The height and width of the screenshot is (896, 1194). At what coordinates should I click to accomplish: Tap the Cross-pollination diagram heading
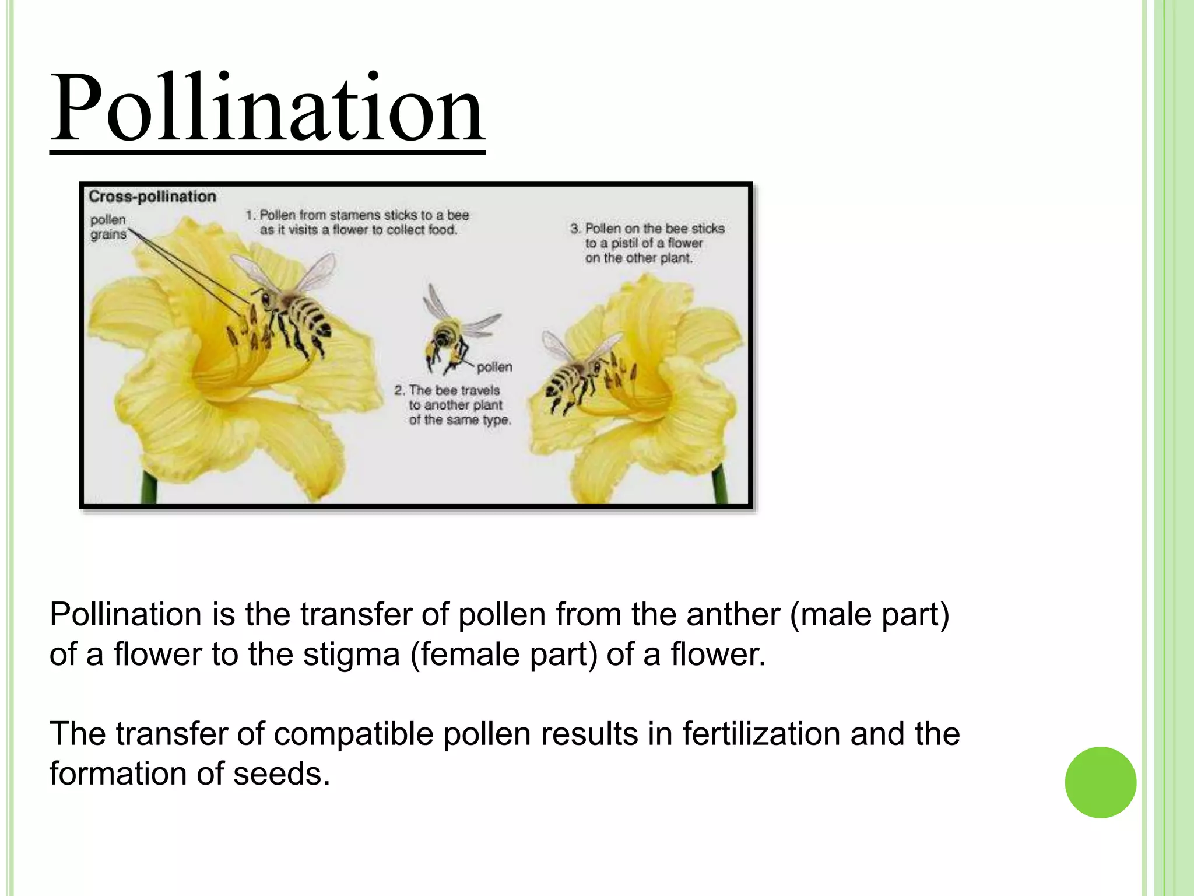(152, 197)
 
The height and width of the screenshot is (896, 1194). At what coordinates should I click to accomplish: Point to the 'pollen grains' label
(108, 227)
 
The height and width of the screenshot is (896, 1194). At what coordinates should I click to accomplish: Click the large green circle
(1100, 782)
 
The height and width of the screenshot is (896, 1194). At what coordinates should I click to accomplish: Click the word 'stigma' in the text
(352, 654)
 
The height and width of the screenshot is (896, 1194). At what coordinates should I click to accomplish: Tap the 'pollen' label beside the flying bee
(494, 367)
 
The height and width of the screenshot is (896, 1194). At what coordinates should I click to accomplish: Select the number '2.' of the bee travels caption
(399, 390)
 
